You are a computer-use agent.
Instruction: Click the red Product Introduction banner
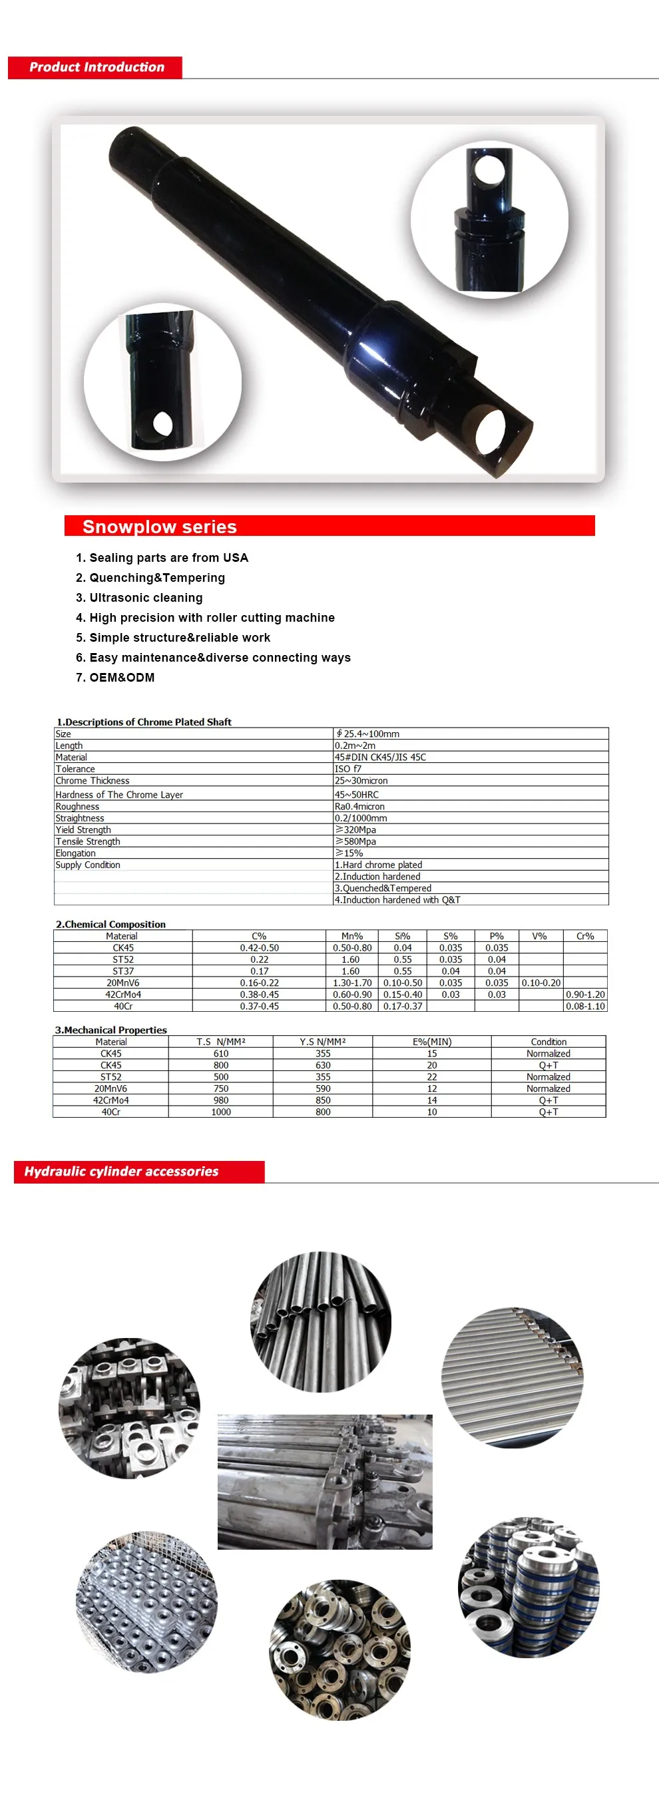coord(95,67)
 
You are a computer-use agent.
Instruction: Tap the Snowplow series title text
coord(160,527)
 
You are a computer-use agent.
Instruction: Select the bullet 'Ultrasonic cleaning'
coord(146,597)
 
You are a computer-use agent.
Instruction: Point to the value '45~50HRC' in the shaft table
coord(357,794)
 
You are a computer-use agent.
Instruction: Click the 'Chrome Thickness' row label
coord(93,780)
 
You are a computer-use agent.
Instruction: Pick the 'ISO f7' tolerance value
coord(348,768)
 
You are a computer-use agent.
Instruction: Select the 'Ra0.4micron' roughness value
coord(359,806)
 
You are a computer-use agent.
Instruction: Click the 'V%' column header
coord(539,935)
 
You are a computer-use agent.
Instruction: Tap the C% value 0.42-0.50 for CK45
coord(259,947)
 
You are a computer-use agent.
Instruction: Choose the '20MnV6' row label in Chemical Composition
coord(122,983)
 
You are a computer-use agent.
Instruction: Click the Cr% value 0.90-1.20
coord(584,995)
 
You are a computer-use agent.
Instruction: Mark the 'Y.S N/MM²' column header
coord(323,1041)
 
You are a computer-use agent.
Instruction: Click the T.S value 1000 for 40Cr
coord(220,1112)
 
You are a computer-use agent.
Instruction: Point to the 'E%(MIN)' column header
coord(432,1041)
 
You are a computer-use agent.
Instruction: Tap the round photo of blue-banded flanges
coord(529,1588)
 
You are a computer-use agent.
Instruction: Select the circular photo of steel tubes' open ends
coord(321,1321)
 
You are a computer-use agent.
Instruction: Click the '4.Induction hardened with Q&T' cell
coord(397,900)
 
